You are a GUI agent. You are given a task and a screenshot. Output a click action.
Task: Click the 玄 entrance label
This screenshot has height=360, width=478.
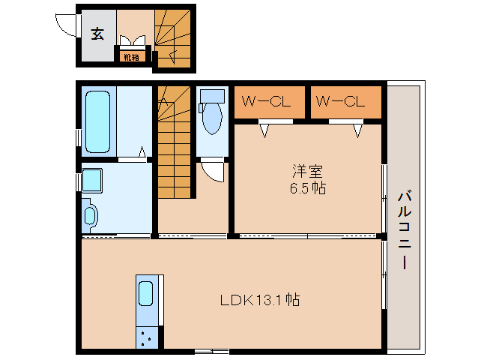[x=97, y=34]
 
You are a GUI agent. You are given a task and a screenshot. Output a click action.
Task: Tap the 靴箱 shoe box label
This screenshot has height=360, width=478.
[x=132, y=57]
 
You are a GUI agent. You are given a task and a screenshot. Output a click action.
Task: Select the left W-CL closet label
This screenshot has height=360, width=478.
[x=266, y=101]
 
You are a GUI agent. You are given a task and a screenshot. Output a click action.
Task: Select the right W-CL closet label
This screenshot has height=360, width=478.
[x=340, y=101]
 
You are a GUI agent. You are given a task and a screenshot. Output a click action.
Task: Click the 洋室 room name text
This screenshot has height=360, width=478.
[x=307, y=172]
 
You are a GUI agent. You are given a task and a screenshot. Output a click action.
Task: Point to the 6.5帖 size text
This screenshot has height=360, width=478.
[x=307, y=188]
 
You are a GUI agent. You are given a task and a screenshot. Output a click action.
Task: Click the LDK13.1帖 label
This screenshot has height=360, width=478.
[x=260, y=300]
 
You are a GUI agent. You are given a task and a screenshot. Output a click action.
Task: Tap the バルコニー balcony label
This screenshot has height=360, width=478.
[x=405, y=229]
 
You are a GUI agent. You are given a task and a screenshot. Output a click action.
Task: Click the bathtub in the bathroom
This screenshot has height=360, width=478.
[x=97, y=121]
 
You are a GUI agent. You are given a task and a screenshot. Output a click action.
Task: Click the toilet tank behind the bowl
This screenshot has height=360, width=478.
[x=212, y=96]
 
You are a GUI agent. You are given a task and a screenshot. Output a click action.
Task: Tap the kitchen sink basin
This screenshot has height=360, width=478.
[x=145, y=293]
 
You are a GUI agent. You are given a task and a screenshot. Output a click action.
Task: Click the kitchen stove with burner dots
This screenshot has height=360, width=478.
[x=147, y=337]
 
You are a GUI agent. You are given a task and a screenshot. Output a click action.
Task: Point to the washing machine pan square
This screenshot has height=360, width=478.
[x=92, y=180]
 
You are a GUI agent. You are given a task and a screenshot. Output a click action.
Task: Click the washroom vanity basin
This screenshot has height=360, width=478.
[x=90, y=216]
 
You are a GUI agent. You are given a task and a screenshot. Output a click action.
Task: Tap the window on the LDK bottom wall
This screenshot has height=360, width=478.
[x=212, y=352]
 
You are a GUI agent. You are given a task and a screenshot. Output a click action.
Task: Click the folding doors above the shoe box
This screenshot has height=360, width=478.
[x=133, y=41]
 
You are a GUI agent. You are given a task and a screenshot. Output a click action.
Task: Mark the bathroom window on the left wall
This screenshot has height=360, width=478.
[x=79, y=138]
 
